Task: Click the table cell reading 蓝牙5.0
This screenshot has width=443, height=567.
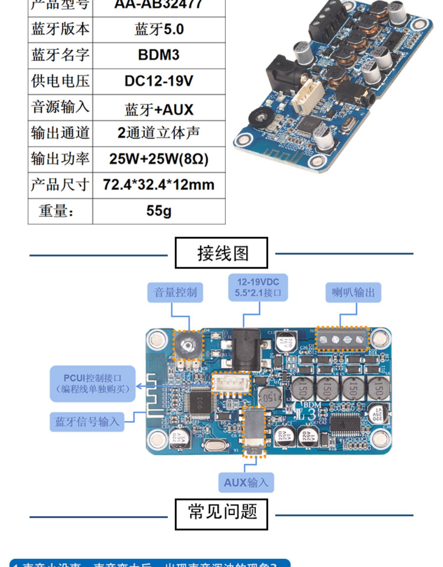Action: coord(159,30)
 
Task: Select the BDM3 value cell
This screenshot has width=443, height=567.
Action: coord(159,55)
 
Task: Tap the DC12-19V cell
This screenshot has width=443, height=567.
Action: coord(159,81)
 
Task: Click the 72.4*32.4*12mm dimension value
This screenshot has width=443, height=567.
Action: coord(159,185)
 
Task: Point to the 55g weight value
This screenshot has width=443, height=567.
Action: coord(159,211)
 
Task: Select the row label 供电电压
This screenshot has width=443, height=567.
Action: coord(60,81)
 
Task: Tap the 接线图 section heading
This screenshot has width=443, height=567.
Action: coord(221,253)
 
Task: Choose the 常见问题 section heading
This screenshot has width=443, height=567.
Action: coord(221,512)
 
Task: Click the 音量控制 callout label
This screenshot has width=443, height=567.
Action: coord(175,292)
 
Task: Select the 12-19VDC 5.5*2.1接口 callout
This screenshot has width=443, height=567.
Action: coord(258,287)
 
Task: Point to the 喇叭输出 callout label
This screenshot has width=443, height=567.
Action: coord(353,292)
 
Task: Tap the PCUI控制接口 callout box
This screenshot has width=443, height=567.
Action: coord(92,384)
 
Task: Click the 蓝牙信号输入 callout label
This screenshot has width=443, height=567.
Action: coord(87,422)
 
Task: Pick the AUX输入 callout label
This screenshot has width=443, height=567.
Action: coord(246,483)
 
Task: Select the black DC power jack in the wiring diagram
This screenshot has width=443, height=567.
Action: coord(246,350)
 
